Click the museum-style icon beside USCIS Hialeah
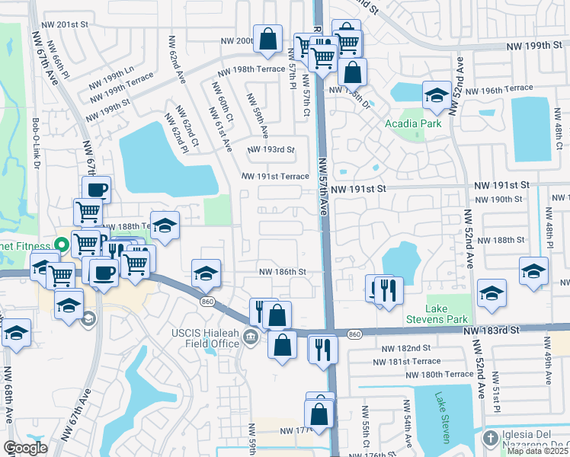pos(251,338)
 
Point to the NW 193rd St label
pos(271,149)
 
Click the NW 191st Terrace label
pos(275,177)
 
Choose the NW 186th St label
pos(282,272)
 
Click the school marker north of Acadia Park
pos(436,95)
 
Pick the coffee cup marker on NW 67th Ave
pos(96,190)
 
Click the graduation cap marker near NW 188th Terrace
pos(165,225)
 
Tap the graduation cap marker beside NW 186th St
pos(206,273)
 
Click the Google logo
pos(25,448)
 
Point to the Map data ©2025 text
pos(537,451)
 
